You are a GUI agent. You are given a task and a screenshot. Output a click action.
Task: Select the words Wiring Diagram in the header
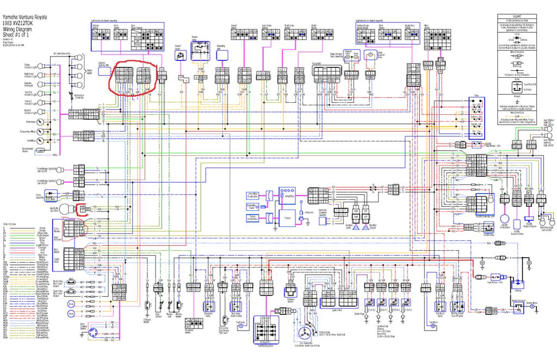[17, 16]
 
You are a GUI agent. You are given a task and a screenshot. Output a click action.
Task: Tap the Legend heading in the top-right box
[524, 17]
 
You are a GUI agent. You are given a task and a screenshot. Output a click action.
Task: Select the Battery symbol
[518, 283]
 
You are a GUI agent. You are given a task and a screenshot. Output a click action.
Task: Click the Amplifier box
[286, 194]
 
